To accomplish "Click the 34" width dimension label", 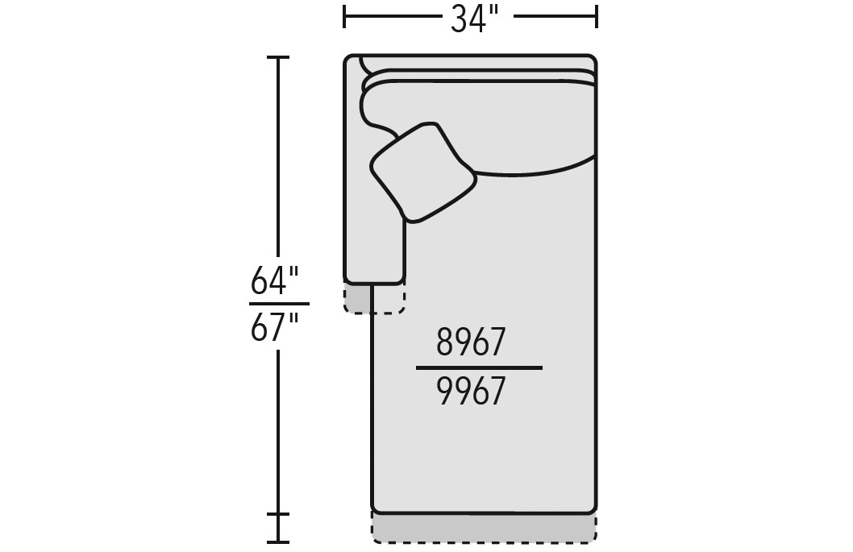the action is [x=474, y=20].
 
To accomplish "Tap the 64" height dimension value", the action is [x=275, y=280].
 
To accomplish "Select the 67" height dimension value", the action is [x=275, y=327].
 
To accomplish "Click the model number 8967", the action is [x=471, y=342].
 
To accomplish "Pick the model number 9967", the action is [x=471, y=392].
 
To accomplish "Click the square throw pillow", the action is [x=423, y=173].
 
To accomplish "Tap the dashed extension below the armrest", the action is [x=374, y=299].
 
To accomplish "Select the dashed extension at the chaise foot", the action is [x=485, y=528].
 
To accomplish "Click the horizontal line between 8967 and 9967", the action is [x=479, y=367].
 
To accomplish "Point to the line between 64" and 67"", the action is [x=279, y=304].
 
